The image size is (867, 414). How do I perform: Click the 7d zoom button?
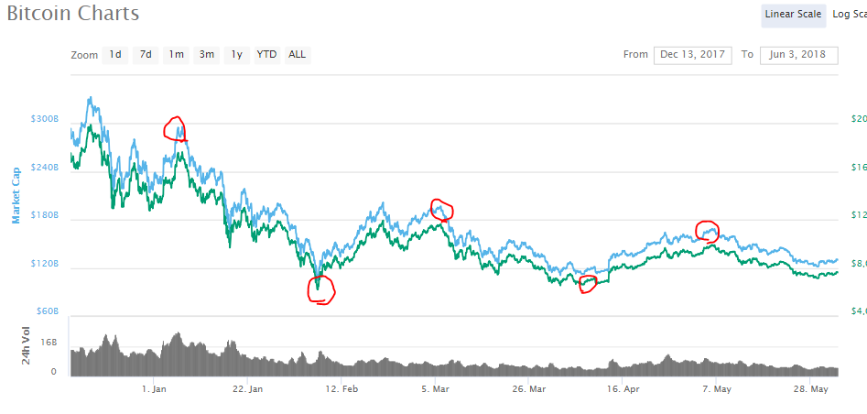[x=146, y=55]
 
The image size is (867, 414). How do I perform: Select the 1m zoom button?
[x=176, y=55]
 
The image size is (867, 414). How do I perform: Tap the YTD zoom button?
[x=266, y=55]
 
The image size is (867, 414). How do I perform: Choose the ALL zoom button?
[x=298, y=55]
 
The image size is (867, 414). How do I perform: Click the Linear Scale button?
[x=793, y=15]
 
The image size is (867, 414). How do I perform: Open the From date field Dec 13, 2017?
[x=693, y=55]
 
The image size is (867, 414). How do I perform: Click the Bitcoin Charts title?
[x=73, y=14]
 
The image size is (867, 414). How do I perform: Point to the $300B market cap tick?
[x=44, y=120]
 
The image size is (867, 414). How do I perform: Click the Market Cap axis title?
[x=16, y=200]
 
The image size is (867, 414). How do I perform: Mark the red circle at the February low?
[x=321, y=289]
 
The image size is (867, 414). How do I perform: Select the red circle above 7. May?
[x=708, y=229]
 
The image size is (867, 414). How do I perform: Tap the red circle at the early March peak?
[x=442, y=210]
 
